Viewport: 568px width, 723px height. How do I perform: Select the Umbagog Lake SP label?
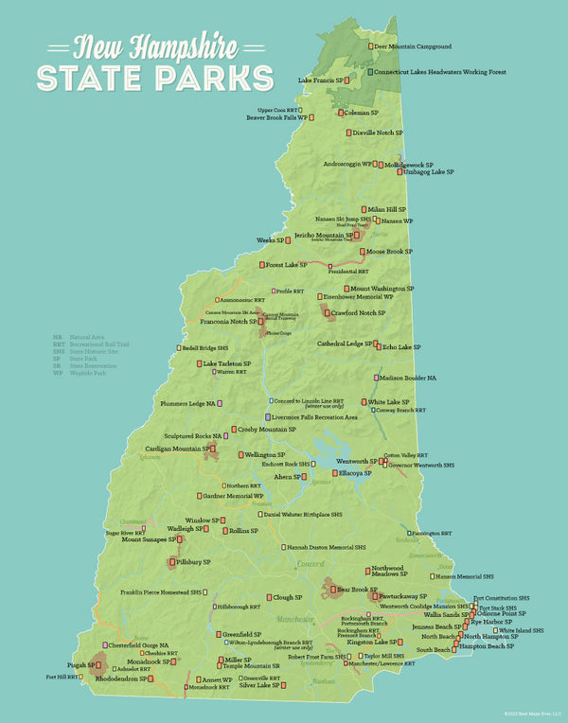pos(429,172)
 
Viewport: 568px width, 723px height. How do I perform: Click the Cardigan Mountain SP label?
pos(176,449)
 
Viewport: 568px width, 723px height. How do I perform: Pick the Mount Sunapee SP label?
pos(143,539)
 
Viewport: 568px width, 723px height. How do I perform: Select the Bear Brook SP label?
pos(372,590)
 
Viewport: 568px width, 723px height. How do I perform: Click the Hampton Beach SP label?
pos(489,645)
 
